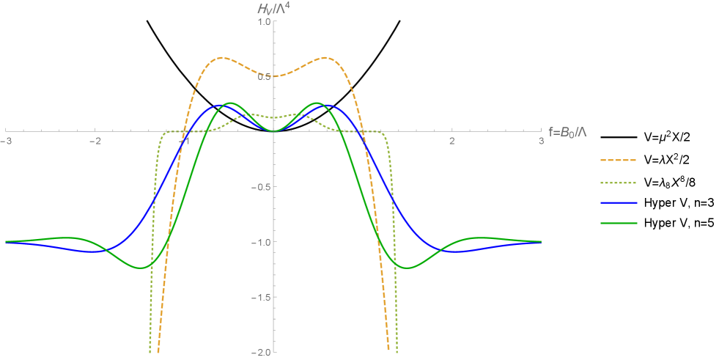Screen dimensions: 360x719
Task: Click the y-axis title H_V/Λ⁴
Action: pyautogui.click(x=273, y=8)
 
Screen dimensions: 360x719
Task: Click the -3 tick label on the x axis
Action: pyautogui.click(x=7, y=141)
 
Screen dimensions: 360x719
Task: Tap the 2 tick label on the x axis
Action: pyautogui.click(x=452, y=141)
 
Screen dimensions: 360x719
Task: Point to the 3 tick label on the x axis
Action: pyautogui.click(x=541, y=141)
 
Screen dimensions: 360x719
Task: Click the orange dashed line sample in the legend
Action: pyautogui.click(x=619, y=160)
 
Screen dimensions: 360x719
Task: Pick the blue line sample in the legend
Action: pyautogui.click(x=619, y=202)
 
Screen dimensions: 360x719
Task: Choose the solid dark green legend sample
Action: pyautogui.click(x=619, y=223)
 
